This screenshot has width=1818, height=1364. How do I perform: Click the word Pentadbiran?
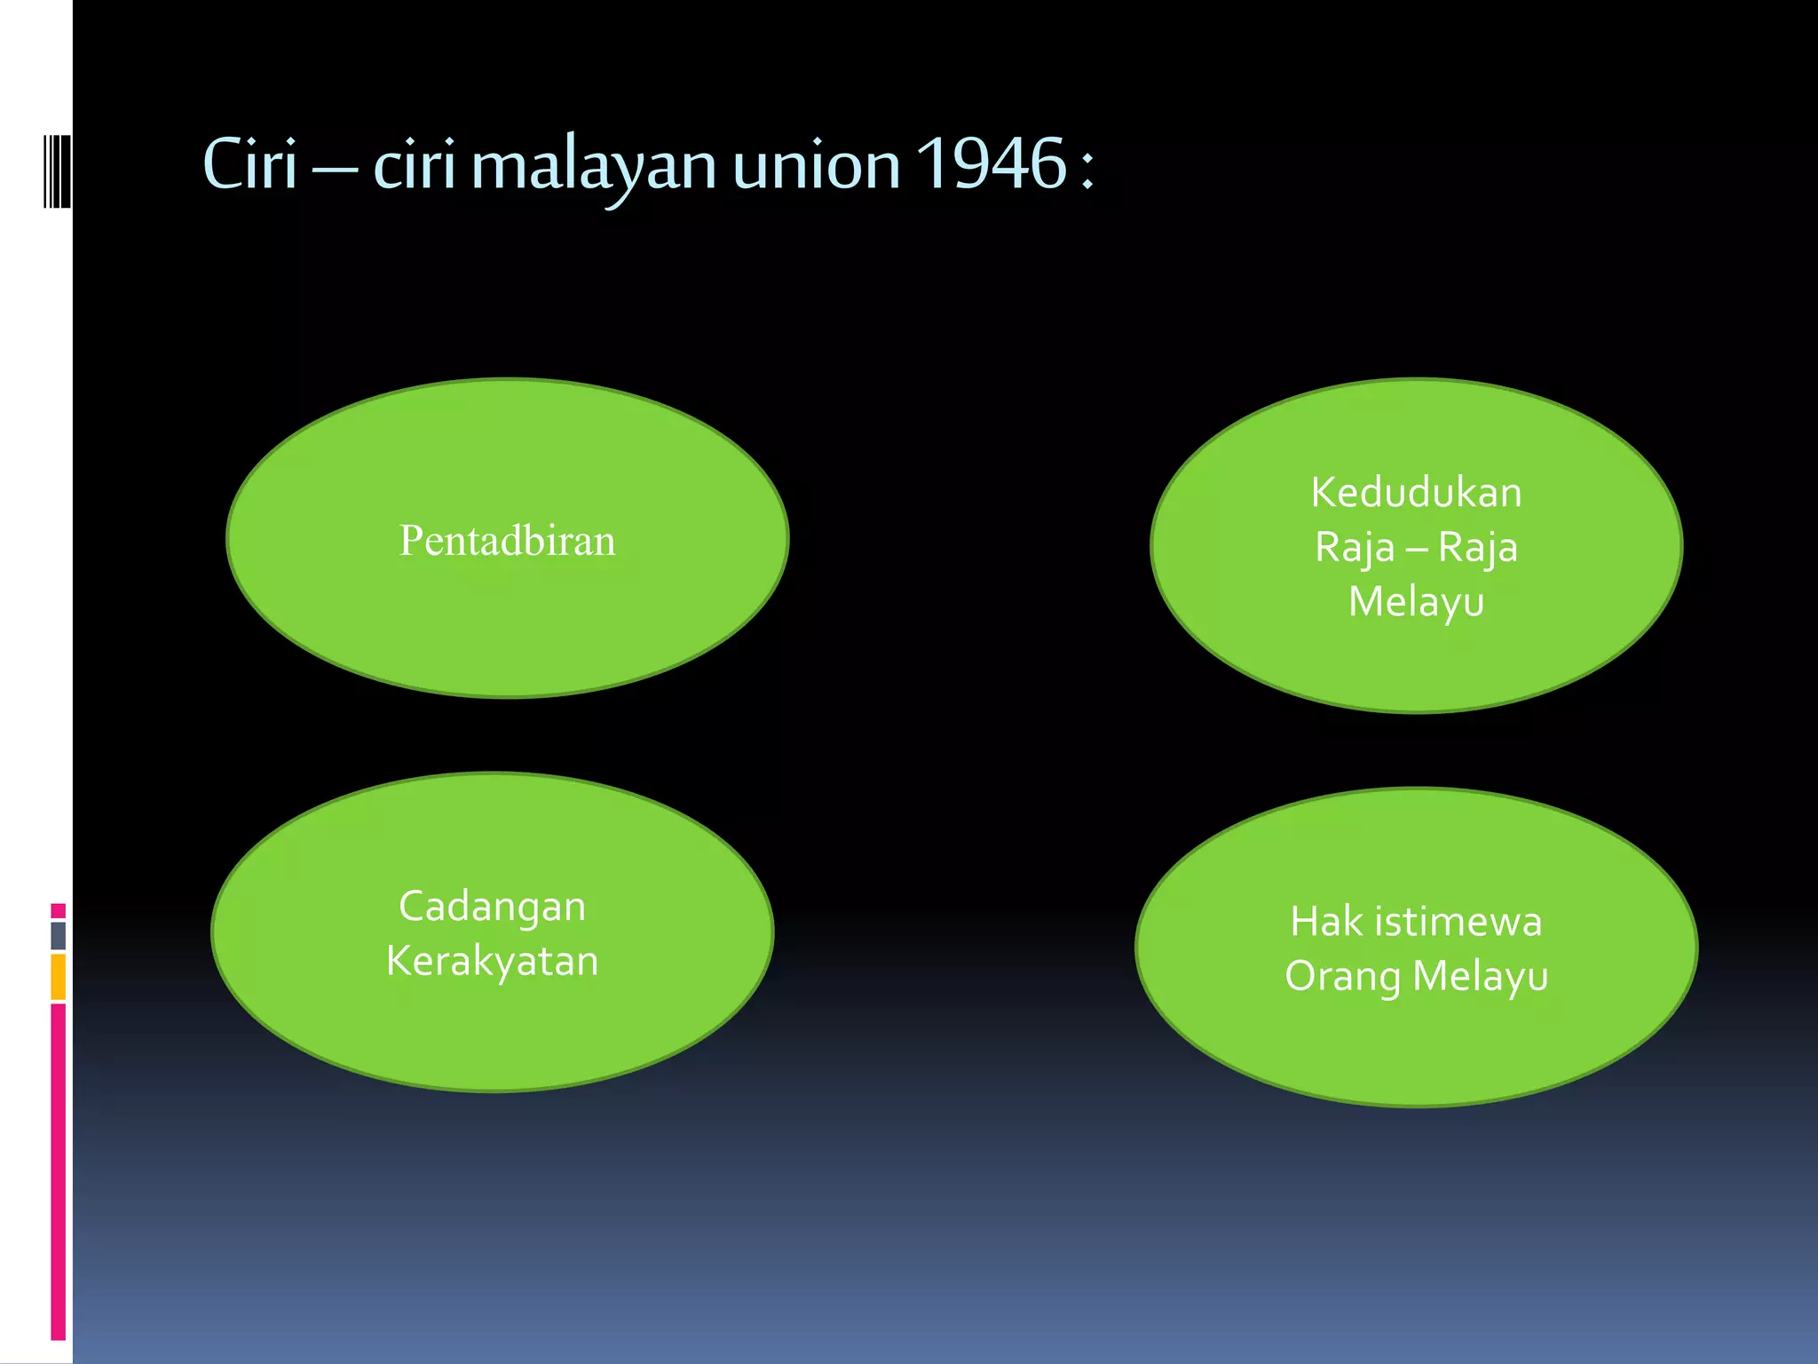507,540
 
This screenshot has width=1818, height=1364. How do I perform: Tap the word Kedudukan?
1416,492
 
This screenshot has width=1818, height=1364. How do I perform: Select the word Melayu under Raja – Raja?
1416,602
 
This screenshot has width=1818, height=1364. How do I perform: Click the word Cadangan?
492,907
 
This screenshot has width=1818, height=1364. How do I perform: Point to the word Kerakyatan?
492,961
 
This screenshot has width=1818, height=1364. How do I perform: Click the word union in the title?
817,165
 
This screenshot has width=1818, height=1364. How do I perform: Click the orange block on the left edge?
58,977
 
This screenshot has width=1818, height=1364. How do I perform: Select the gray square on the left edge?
58,935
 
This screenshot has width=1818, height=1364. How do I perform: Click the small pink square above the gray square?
58,910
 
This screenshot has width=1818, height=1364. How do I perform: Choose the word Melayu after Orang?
1480,976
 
